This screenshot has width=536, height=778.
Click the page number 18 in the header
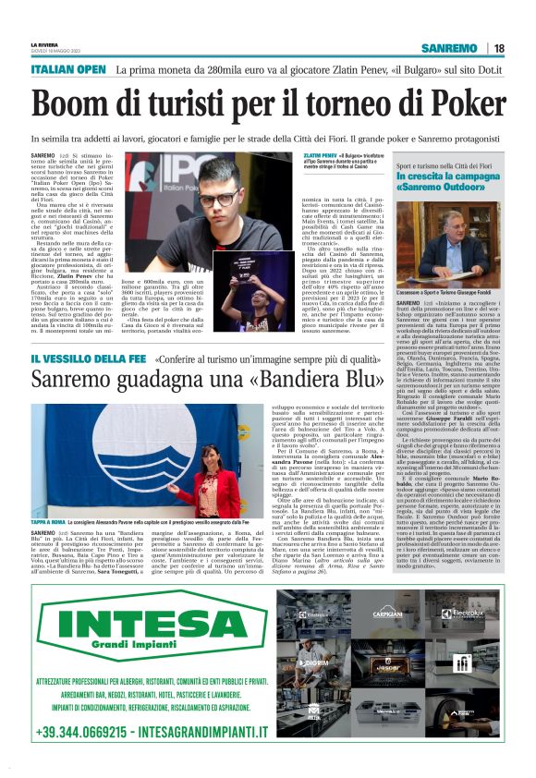click(499, 48)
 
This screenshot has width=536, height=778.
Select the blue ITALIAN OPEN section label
click(67, 69)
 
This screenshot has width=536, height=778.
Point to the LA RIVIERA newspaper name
click(43, 43)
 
